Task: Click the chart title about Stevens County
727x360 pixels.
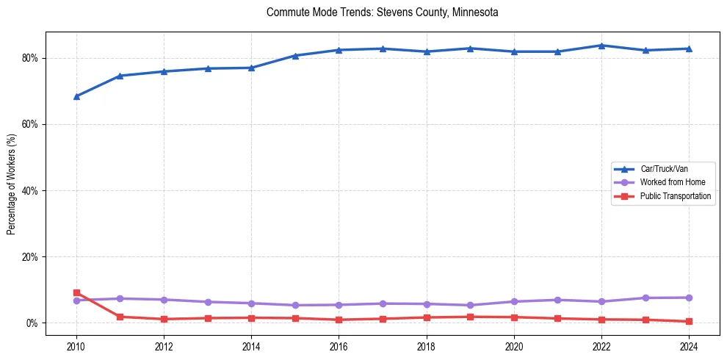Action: [383, 12]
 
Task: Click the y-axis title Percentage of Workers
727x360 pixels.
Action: [12, 184]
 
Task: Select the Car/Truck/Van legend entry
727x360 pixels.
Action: [664, 169]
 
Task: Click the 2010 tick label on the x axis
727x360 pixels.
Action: [76, 347]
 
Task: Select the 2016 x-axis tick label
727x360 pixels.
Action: [339, 347]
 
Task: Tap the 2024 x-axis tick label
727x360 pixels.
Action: [689, 347]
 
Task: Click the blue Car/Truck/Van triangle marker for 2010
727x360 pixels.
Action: [76, 96]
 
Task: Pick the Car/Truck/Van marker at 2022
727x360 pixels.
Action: [601, 46]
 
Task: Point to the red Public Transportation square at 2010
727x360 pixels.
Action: [76, 293]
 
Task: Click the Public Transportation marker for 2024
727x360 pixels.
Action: [689, 321]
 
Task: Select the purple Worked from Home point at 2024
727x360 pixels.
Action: [689, 298]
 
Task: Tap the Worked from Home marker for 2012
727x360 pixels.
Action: [164, 300]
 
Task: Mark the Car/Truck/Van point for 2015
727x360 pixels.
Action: [295, 56]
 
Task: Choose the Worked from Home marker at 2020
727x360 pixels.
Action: [514, 301]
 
